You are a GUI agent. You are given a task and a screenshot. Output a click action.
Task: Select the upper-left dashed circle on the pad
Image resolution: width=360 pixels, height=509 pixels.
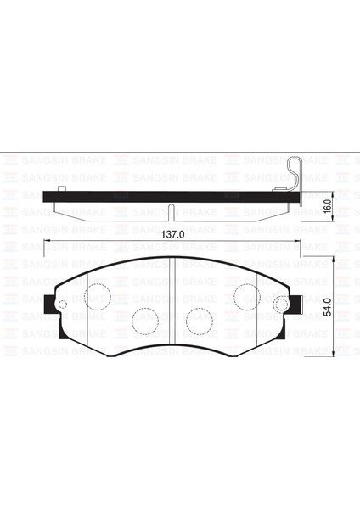[x=98, y=296]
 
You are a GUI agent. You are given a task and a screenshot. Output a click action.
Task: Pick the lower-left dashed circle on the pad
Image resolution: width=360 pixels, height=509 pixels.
[x=144, y=320]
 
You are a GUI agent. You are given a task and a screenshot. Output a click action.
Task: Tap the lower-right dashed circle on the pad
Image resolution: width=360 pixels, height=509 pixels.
[x=199, y=320]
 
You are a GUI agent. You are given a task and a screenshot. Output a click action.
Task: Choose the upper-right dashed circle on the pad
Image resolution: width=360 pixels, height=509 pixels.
[x=246, y=296]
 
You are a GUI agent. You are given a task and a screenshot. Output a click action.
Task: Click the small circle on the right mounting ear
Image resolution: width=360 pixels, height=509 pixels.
[x=279, y=305]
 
